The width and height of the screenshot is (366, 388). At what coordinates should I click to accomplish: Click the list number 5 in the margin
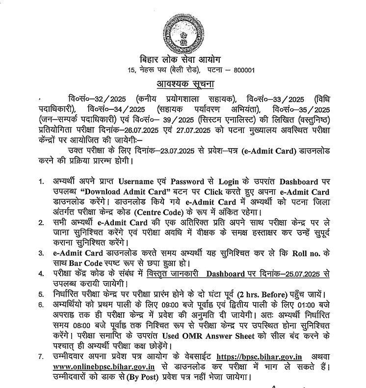click(42, 295)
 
